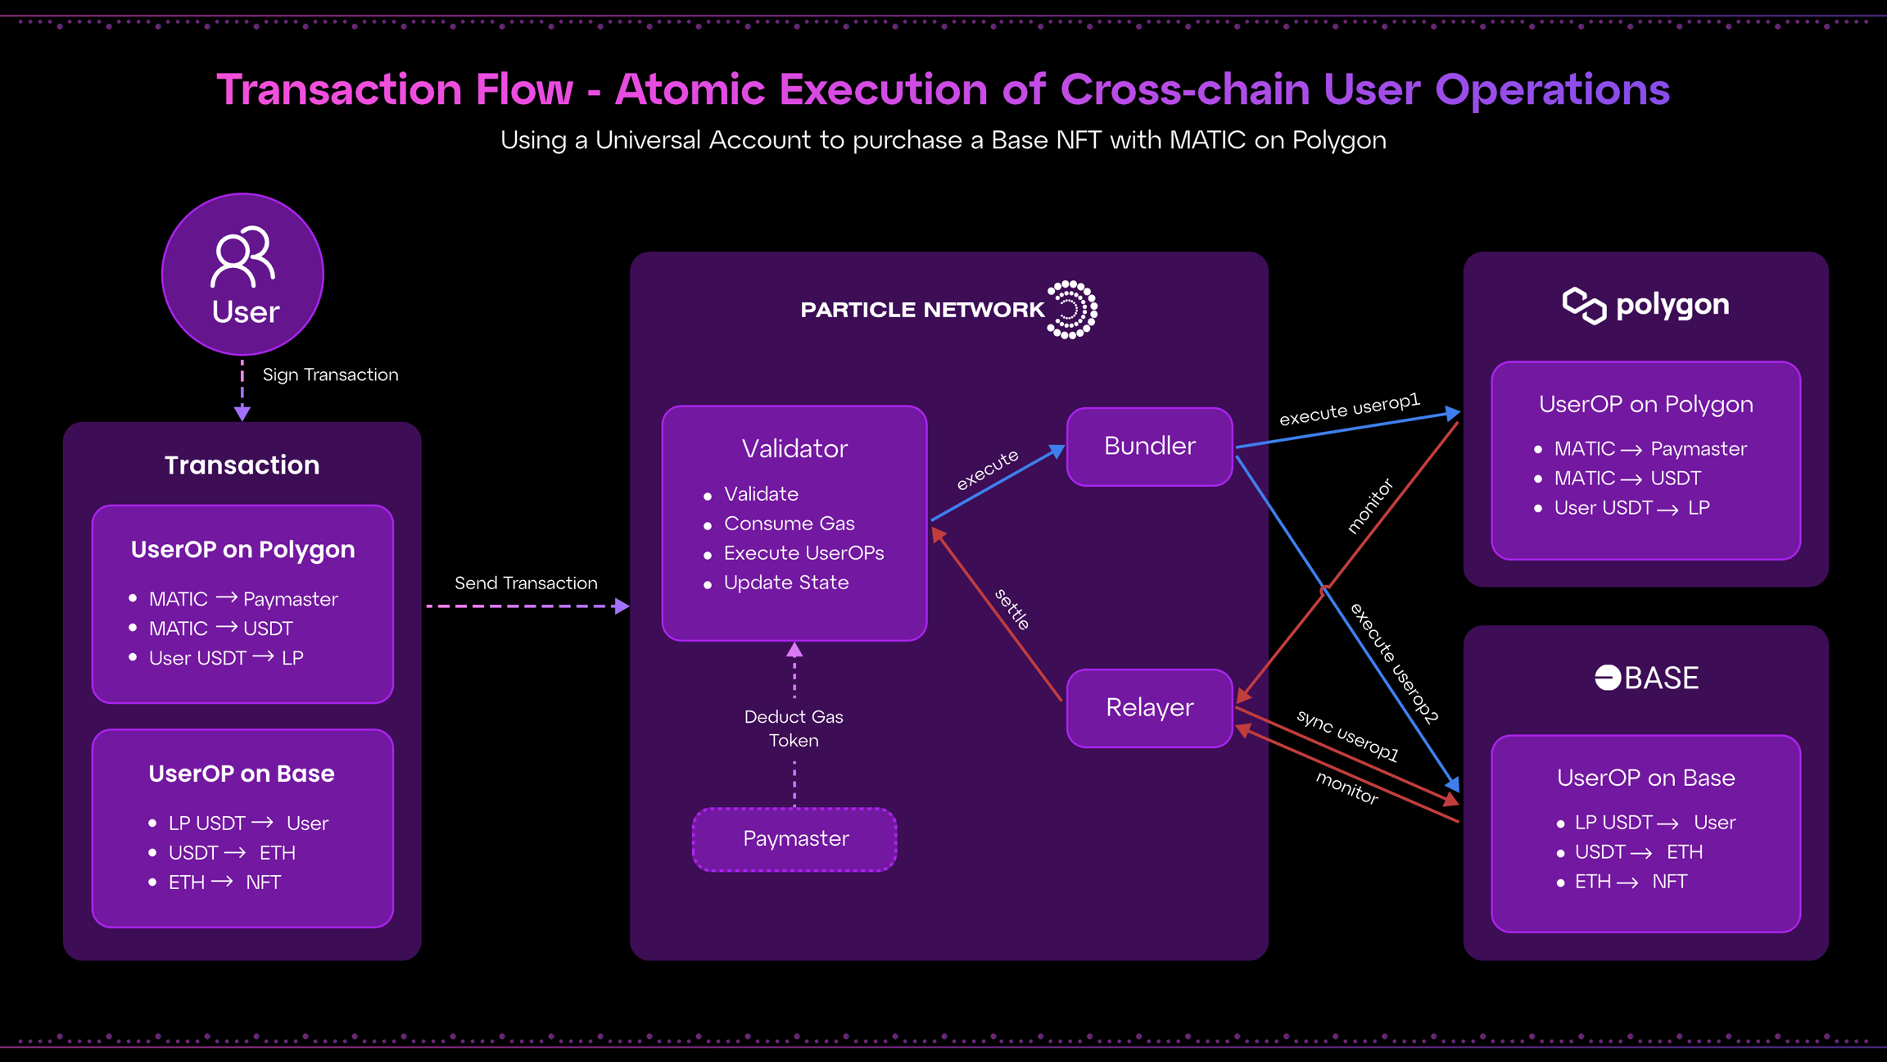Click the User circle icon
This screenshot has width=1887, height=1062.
[242, 274]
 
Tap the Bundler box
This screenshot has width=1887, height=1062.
[1149, 447]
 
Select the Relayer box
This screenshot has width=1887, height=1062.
[1149, 708]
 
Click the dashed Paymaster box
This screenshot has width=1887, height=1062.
[794, 839]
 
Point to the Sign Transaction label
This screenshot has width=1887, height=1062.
[330, 375]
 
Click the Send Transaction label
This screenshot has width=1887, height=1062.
[526, 583]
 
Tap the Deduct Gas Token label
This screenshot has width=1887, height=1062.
[794, 728]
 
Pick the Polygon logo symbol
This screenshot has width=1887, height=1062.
[1584, 306]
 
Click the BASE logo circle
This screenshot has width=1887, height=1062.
[1607, 678]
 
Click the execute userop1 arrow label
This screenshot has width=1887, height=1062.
[1349, 409]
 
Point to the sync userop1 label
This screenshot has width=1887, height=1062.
[1347, 735]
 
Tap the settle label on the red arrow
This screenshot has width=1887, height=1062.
[1012, 609]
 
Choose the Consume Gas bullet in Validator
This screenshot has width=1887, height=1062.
[789, 524]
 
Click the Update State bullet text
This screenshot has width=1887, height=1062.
[786, 583]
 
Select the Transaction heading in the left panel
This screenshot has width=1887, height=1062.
[242, 465]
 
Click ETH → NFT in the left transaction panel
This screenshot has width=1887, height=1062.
[224, 883]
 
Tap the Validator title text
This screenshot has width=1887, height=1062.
[794, 449]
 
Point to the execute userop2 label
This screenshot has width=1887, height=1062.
[1393, 663]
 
